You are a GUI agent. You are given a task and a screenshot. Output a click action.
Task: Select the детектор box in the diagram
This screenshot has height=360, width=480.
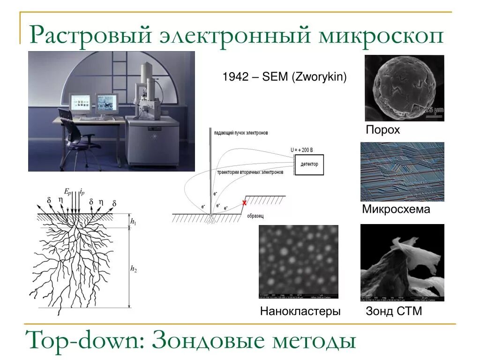point(309,164)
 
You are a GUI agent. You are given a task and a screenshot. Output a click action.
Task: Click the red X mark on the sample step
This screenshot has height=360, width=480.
point(244,202)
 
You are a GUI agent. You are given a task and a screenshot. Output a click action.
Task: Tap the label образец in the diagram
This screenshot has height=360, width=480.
point(255,216)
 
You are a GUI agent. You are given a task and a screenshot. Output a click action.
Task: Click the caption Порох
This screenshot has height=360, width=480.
point(383,130)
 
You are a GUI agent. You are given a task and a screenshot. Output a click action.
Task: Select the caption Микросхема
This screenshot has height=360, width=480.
point(396,209)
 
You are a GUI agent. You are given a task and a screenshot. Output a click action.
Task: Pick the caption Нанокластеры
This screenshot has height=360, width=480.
point(300,311)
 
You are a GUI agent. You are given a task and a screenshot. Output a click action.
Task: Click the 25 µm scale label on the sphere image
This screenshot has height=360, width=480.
point(434,110)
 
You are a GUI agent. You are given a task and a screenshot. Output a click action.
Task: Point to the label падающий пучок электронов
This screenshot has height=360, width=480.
point(241,133)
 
